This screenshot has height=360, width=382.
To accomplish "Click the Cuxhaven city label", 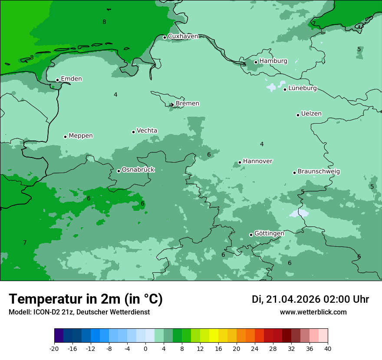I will [183, 36].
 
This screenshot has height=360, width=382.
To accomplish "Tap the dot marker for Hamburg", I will [256, 62].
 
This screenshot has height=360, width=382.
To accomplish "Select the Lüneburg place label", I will [303, 88].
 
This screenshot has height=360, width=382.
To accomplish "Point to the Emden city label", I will [71, 79].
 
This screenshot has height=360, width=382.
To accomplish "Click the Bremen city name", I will [187, 104].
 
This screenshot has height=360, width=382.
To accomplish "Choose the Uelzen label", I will [311, 114].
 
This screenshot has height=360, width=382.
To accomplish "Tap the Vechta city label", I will [147, 131].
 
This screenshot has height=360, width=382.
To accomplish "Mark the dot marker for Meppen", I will [65, 137].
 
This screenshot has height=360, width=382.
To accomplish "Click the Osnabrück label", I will [138, 170].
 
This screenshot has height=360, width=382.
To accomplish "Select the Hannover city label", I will [257, 161].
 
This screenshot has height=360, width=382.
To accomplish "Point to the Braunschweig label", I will [319, 172].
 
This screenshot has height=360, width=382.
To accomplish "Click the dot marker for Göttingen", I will [251, 235].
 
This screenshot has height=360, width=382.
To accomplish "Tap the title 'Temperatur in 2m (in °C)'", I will [86, 299].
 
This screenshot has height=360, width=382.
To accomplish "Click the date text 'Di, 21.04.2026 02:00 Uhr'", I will [310, 299].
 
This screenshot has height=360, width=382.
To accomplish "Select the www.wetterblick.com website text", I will [313, 312].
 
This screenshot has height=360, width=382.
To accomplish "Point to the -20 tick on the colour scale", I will [54, 349].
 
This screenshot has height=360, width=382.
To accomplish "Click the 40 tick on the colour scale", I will [327, 349].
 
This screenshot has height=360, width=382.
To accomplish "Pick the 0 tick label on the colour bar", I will [145, 349].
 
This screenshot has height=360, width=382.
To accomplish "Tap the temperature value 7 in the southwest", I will [25, 243].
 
